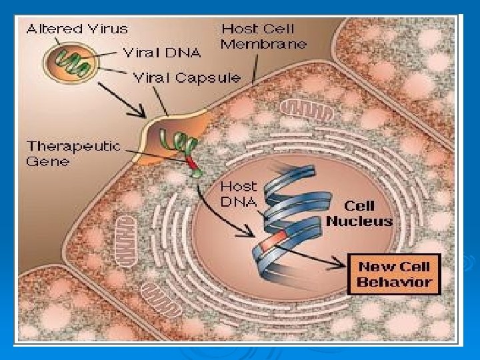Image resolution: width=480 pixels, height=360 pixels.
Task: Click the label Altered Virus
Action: point(77,29)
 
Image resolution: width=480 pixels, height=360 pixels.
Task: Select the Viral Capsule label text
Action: point(187,77)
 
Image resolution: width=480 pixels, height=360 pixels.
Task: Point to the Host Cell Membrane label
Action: point(263,37)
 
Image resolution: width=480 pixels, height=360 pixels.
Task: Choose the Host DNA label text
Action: point(238,193)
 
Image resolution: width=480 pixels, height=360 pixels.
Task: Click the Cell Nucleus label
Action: point(359,213)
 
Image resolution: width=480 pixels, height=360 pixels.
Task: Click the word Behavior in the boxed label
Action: point(394,282)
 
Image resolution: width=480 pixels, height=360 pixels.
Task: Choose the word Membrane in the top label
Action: point(263,45)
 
